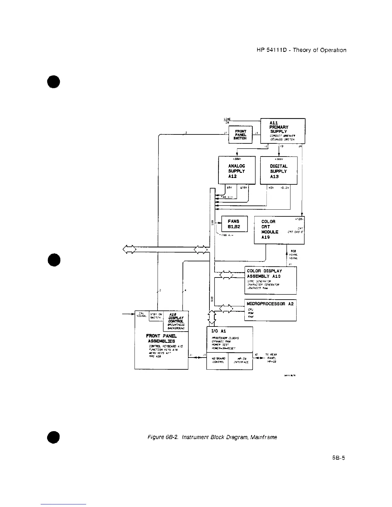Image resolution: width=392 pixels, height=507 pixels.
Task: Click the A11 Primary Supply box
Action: point(283,131)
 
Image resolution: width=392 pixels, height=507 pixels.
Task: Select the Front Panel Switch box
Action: point(241,135)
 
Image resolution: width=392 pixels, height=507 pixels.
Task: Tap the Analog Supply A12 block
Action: point(237,170)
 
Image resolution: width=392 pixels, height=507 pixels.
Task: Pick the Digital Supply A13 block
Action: point(279,170)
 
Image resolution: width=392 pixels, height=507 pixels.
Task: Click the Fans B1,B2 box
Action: point(234,224)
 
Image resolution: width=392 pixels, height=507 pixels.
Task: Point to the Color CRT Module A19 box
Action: point(279,230)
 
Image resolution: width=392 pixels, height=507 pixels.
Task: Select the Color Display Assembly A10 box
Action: point(270,280)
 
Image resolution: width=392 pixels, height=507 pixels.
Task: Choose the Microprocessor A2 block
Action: point(270,310)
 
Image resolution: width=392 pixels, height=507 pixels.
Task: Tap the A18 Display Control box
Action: point(176,321)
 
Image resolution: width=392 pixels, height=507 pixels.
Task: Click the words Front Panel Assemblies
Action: point(161,339)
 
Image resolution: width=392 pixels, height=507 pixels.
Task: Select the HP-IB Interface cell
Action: point(240,360)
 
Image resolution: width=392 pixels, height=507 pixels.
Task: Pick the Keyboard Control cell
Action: point(217,360)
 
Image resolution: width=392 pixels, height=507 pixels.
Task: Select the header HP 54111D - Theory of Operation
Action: point(301,50)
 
